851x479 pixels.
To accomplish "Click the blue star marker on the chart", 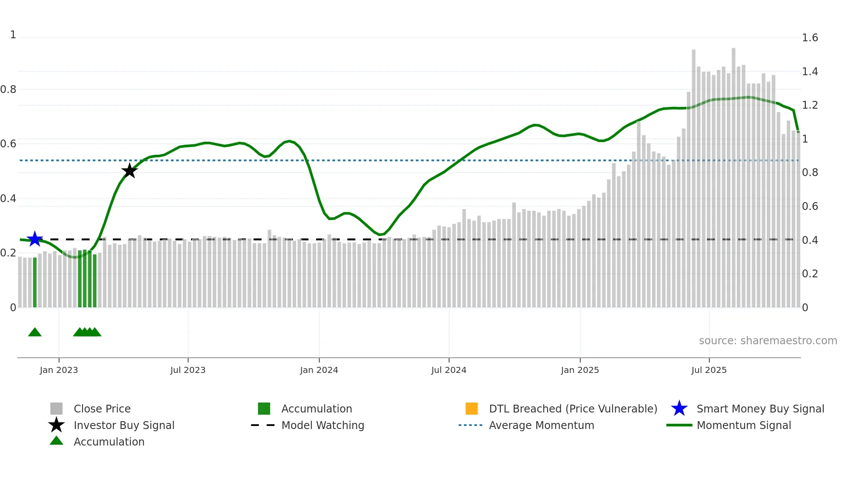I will (35, 239).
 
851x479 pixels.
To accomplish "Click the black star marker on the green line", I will (129, 171).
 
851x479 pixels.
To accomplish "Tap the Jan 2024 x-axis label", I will (319, 370).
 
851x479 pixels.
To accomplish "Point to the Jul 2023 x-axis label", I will (188, 370).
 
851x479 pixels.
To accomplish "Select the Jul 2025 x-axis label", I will (709, 370).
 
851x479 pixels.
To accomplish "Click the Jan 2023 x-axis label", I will (59, 370).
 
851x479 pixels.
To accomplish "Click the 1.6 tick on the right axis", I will (810, 38).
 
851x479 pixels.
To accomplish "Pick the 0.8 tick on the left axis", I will (8, 90).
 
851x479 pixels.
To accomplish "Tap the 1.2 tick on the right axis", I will (810, 105).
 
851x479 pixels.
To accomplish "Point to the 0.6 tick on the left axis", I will (8, 144).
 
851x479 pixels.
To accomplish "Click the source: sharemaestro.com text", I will (768, 341).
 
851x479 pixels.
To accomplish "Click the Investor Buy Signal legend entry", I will (124, 426).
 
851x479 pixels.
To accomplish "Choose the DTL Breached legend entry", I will (573, 409).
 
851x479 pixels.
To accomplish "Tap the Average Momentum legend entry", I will (541, 426).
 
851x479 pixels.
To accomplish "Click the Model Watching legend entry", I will (322, 426).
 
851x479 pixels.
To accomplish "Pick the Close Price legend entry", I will (102, 409).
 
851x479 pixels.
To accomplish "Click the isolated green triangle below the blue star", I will (35, 333).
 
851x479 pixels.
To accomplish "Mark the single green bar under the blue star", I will (35, 283).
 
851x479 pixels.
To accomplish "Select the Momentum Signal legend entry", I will (743, 426).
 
